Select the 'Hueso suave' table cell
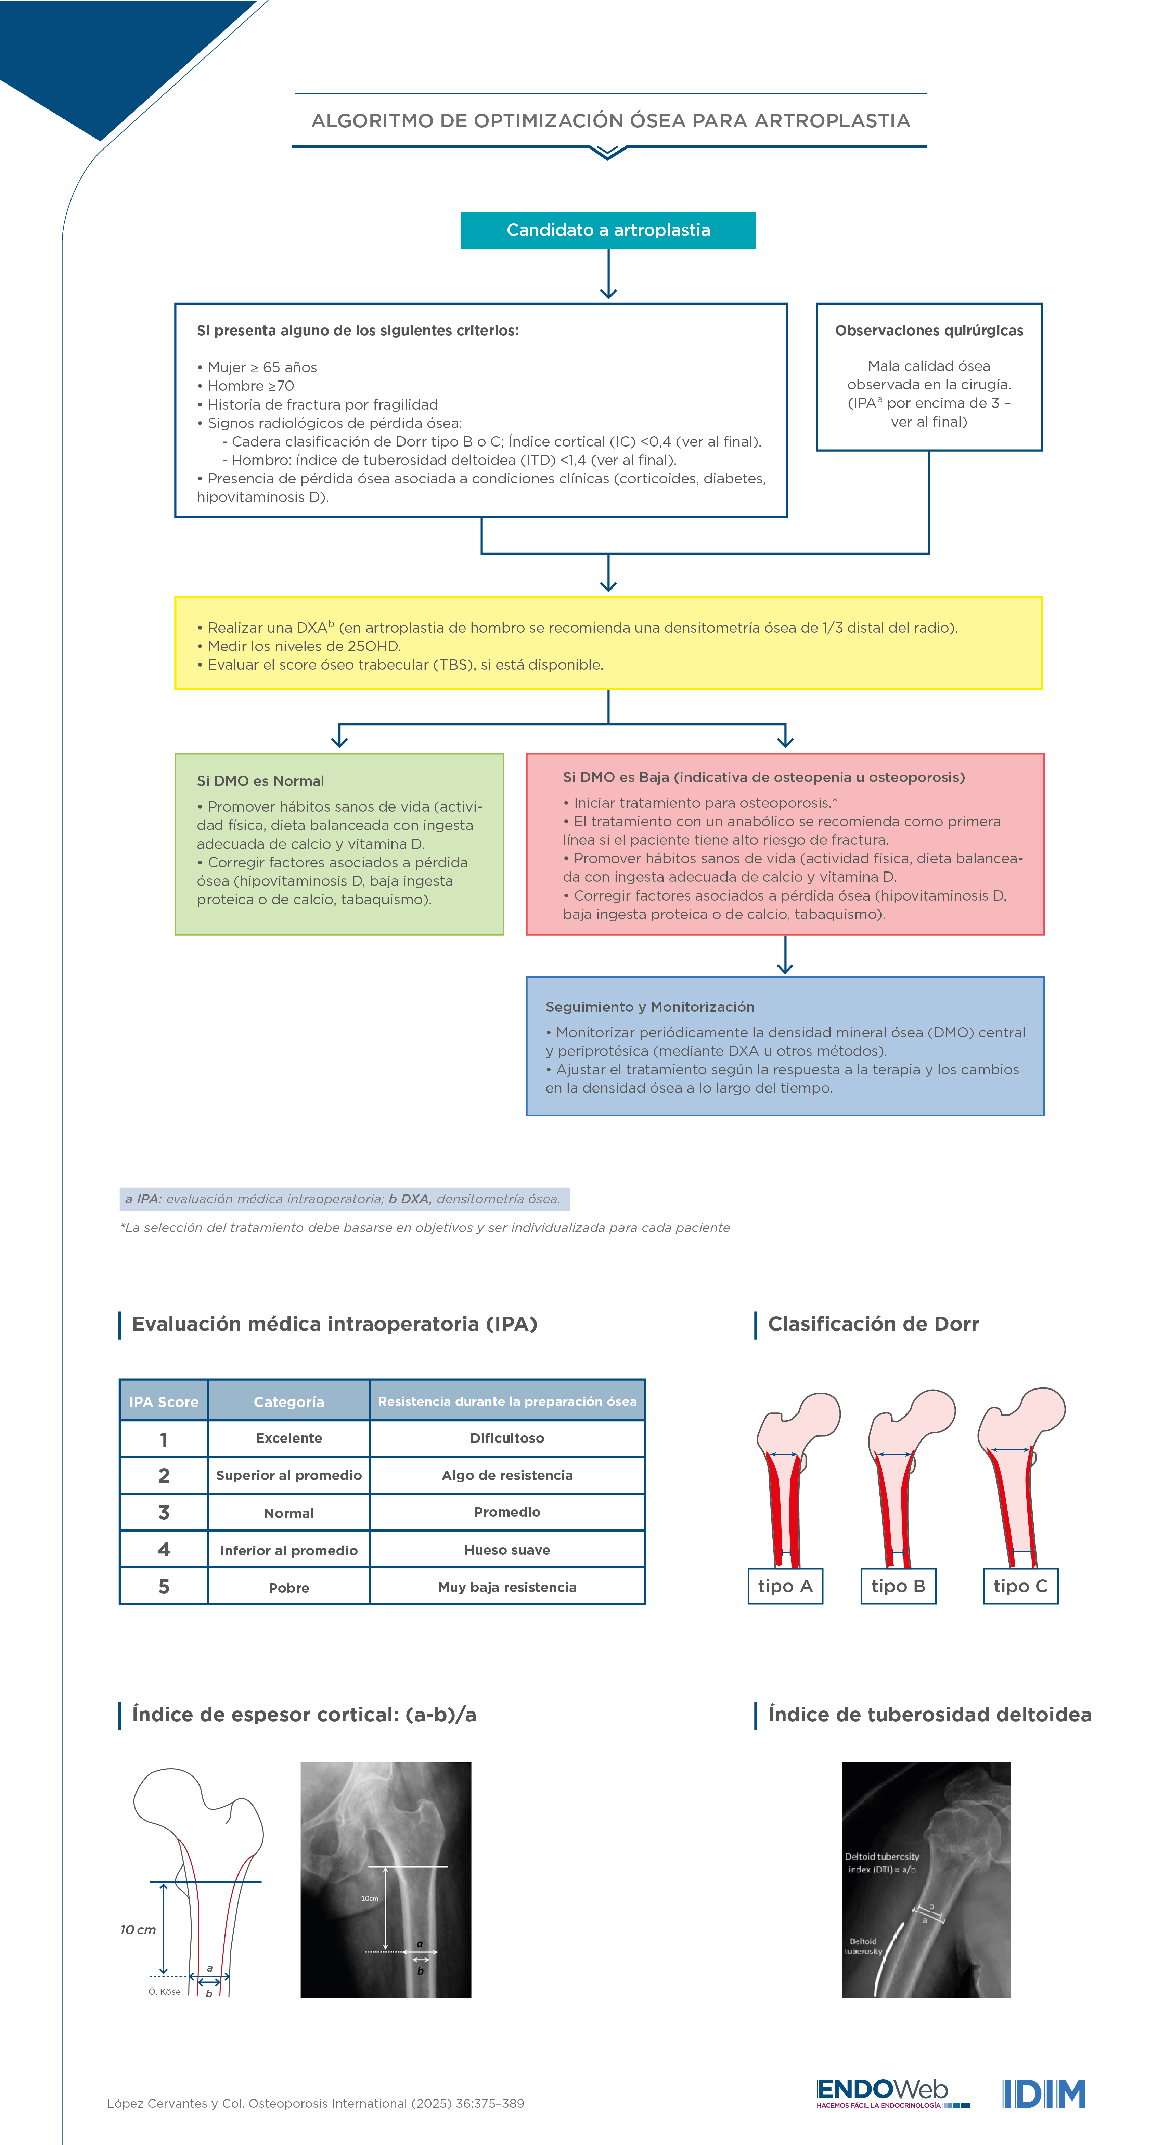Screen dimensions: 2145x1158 [507, 1550]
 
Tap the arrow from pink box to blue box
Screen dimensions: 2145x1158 [784, 955]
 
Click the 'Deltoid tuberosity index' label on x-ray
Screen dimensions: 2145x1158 [882, 1863]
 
